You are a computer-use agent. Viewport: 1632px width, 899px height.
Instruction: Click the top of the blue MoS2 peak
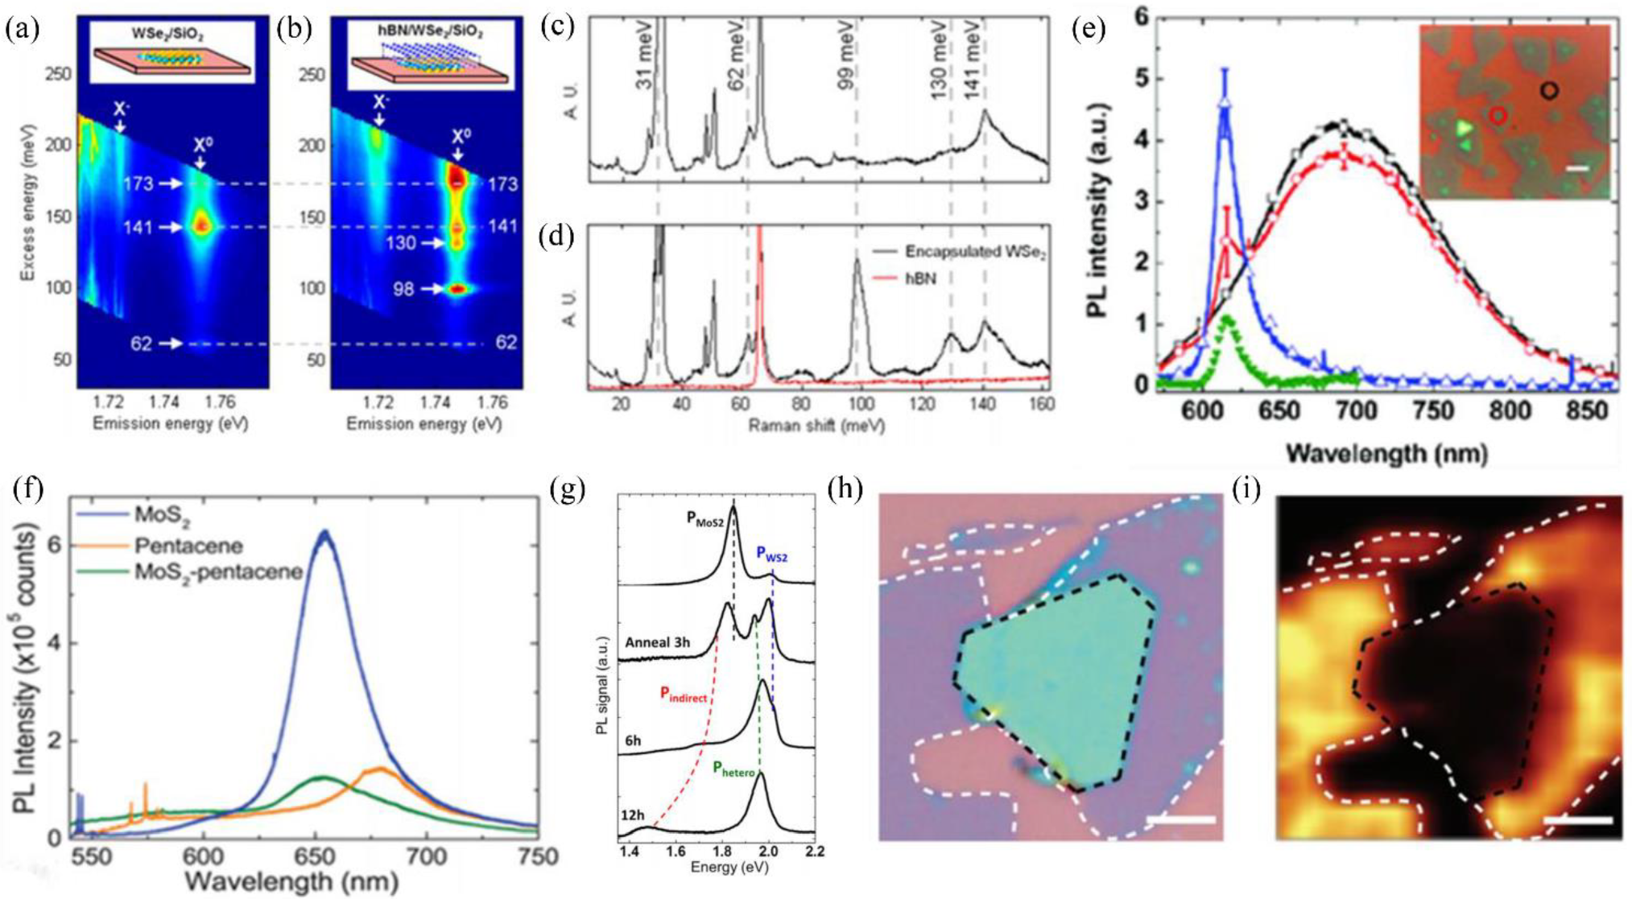324,533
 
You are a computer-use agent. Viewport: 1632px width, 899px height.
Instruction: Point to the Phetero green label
733,768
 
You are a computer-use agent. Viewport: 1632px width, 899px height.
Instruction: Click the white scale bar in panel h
1180,820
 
